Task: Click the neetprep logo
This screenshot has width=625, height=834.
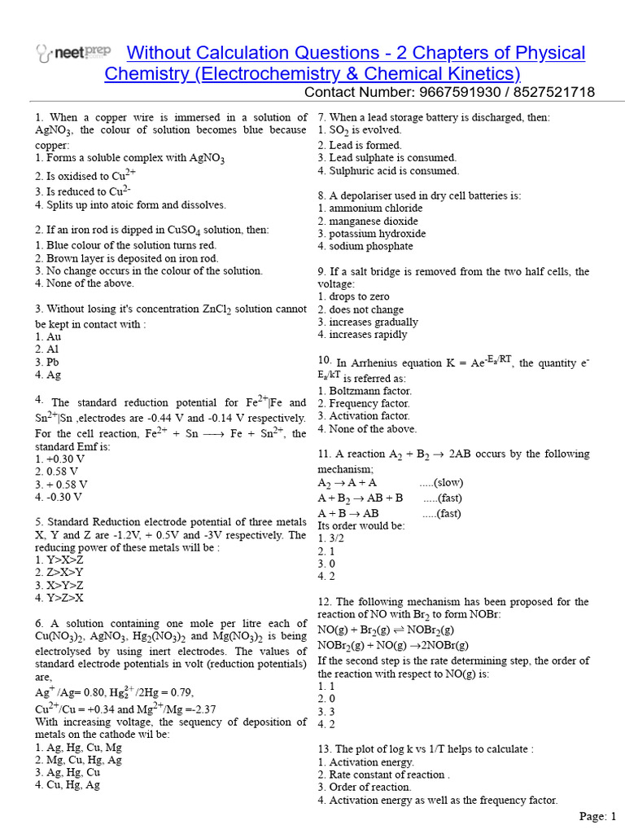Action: tap(73, 54)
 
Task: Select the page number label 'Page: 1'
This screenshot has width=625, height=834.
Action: tap(598, 816)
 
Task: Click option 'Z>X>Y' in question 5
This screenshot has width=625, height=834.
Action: tap(59, 573)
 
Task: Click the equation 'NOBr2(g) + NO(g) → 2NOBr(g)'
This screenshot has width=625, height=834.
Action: tap(387, 645)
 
